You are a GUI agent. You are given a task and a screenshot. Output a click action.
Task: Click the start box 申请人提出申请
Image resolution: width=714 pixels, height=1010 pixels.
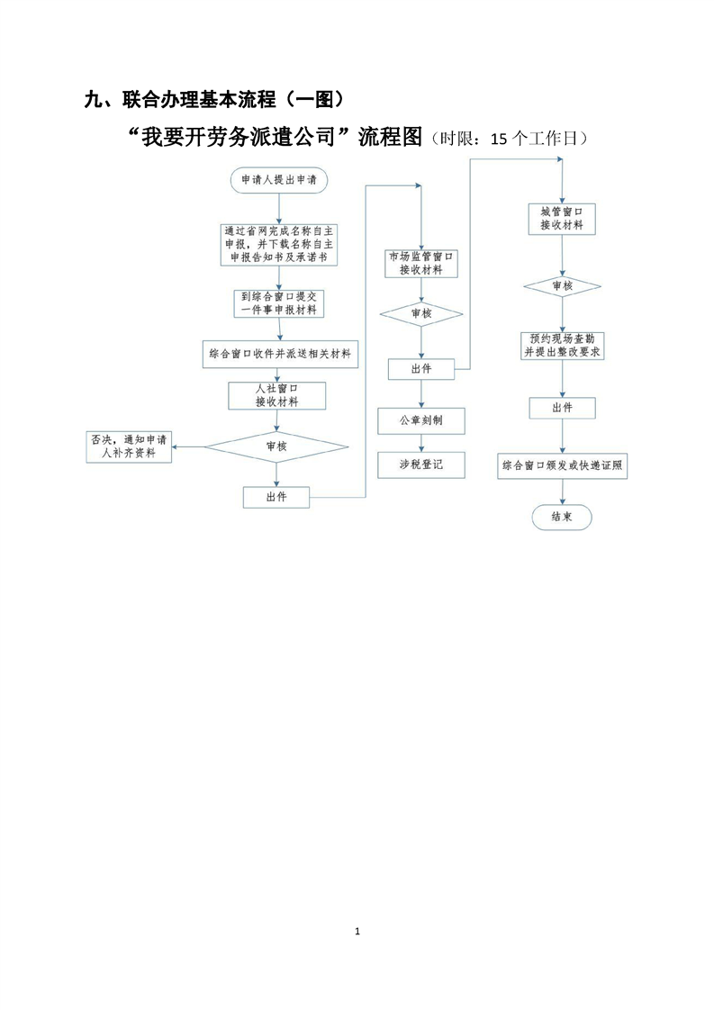[x=278, y=180]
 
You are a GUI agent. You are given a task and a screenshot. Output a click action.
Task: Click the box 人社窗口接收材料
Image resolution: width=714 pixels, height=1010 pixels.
[x=276, y=395]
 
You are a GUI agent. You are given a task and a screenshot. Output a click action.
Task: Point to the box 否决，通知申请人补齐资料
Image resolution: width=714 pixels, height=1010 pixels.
[x=128, y=446]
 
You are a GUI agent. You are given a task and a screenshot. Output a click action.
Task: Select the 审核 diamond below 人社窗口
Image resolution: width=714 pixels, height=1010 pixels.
[x=276, y=446]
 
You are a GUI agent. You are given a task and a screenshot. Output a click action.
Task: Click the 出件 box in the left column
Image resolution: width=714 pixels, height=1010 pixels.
[x=276, y=496]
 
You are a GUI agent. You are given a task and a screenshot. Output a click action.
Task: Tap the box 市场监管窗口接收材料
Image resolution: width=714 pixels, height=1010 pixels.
[x=420, y=263]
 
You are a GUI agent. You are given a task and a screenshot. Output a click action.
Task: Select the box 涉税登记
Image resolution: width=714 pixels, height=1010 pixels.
[x=420, y=464]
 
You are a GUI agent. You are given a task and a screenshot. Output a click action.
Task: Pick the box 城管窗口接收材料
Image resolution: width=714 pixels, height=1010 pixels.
[x=562, y=219]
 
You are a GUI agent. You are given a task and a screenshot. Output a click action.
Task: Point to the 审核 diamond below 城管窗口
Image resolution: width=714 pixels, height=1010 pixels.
[x=562, y=286]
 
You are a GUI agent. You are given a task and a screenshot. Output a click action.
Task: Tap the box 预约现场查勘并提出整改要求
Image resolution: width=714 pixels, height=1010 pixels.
[x=562, y=346]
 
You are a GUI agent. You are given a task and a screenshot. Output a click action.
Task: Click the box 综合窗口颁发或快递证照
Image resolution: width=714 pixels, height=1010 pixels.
[x=562, y=466]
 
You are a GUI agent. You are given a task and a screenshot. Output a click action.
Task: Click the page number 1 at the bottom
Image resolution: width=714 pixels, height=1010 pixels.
[x=357, y=930]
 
